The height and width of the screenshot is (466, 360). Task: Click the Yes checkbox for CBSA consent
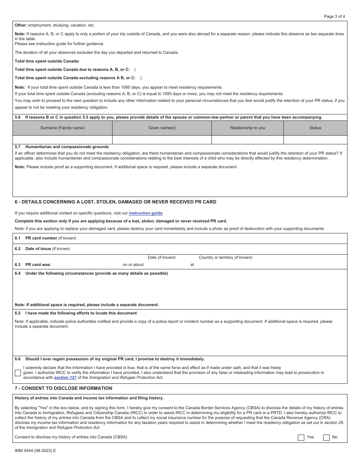(301, 438)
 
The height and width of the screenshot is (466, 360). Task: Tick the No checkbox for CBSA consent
(326, 438)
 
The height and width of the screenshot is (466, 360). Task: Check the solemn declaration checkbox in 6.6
(18, 373)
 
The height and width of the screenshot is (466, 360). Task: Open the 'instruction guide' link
(146, 213)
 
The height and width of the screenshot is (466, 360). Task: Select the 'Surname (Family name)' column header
(63, 128)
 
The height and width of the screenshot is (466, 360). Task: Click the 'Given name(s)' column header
(162, 128)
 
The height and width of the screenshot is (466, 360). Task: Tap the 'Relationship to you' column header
(247, 128)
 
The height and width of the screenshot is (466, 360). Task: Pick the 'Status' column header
(315, 128)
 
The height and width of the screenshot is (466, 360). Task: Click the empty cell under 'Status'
(315, 140)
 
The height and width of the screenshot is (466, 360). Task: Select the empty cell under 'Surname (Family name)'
(63, 140)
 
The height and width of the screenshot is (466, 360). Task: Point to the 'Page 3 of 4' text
(334, 16)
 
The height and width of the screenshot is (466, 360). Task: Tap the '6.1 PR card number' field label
(45, 238)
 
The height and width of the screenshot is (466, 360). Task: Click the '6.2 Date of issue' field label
(42, 249)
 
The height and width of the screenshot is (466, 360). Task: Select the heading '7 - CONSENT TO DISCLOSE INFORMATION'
(63, 388)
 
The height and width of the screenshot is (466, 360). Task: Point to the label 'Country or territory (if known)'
(225, 257)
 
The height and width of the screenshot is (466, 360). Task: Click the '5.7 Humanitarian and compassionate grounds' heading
(62, 147)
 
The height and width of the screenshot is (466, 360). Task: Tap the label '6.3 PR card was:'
(33, 265)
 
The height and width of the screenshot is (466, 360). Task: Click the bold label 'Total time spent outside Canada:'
(47, 61)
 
